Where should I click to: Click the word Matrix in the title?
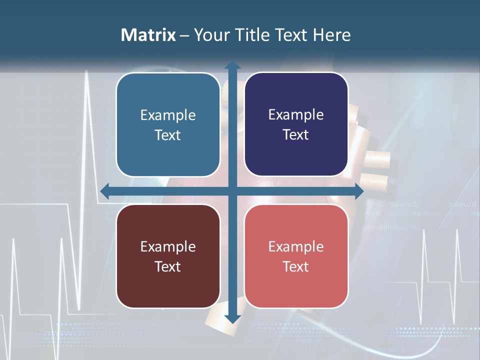pos(148,35)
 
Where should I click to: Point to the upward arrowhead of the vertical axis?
pos(232,65)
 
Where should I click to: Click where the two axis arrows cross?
pos(232,191)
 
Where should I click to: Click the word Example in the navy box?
pos(296,115)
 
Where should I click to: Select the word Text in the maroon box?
pos(167,266)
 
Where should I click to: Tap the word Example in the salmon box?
pos(296,246)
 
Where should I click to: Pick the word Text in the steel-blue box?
pos(167,135)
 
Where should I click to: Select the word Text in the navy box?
pos(295,135)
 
